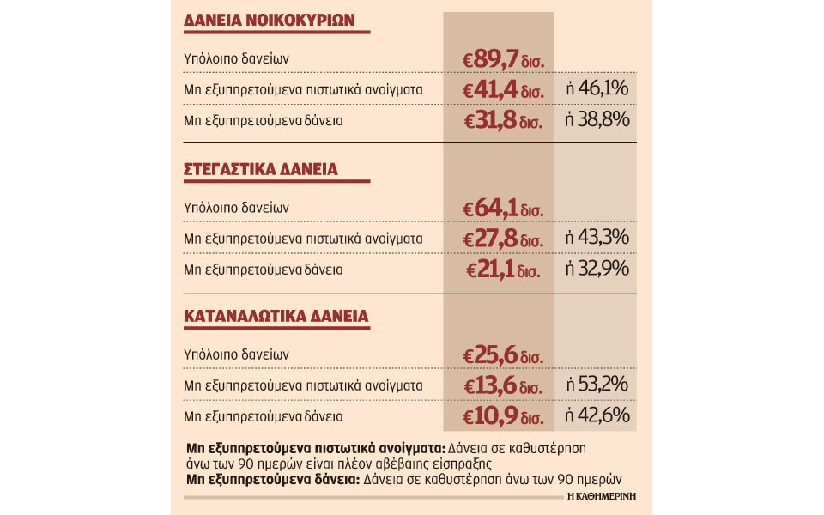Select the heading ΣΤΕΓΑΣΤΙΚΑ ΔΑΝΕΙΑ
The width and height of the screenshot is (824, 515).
[x=261, y=169]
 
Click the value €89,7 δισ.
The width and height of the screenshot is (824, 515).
[x=504, y=59]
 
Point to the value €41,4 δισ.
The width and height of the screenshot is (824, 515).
[x=504, y=89]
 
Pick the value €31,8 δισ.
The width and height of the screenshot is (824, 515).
[x=504, y=120]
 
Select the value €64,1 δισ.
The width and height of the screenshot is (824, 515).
[x=504, y=207]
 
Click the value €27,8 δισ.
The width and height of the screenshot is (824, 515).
[x=504, y=238]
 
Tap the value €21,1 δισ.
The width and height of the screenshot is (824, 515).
[x=504, y=270]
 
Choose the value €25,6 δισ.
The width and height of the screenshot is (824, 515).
[x=504, y=354]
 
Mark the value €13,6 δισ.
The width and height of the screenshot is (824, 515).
[x=504, y=385]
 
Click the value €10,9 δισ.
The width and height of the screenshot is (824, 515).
[x=504, y=417]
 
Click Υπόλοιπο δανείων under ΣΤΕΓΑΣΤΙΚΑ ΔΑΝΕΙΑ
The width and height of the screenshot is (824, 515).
[x=235, y=207]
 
